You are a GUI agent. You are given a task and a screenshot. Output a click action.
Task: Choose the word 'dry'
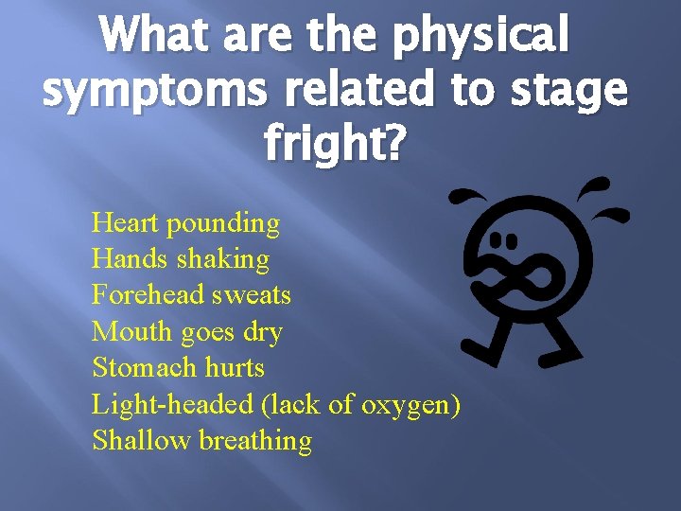tap(263, 332)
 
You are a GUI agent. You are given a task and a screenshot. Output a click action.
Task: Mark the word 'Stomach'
tap(144, 367)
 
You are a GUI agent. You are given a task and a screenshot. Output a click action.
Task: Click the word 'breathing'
tap(255, 441)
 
